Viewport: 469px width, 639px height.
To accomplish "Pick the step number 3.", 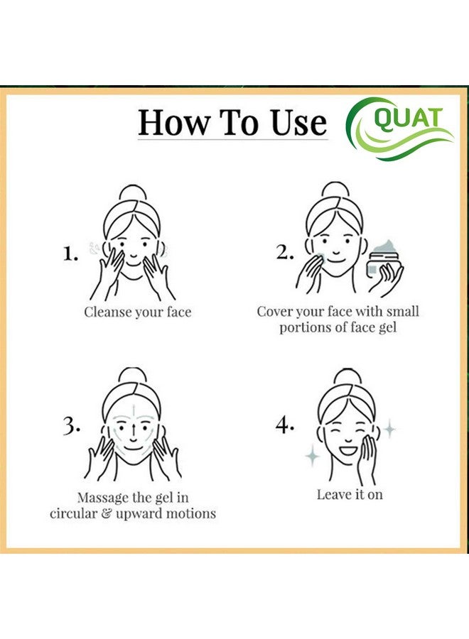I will [x=71, y=425].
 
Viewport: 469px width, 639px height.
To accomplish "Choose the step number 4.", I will [x=284, y=425].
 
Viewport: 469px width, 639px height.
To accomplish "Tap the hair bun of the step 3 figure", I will [x=132, y=376].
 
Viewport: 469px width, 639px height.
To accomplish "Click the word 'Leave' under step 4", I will [x=334, y=494].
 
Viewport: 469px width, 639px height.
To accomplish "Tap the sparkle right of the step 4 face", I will [x=389, y=430].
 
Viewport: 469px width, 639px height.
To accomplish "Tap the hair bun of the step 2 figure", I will [x=333, y=192].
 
